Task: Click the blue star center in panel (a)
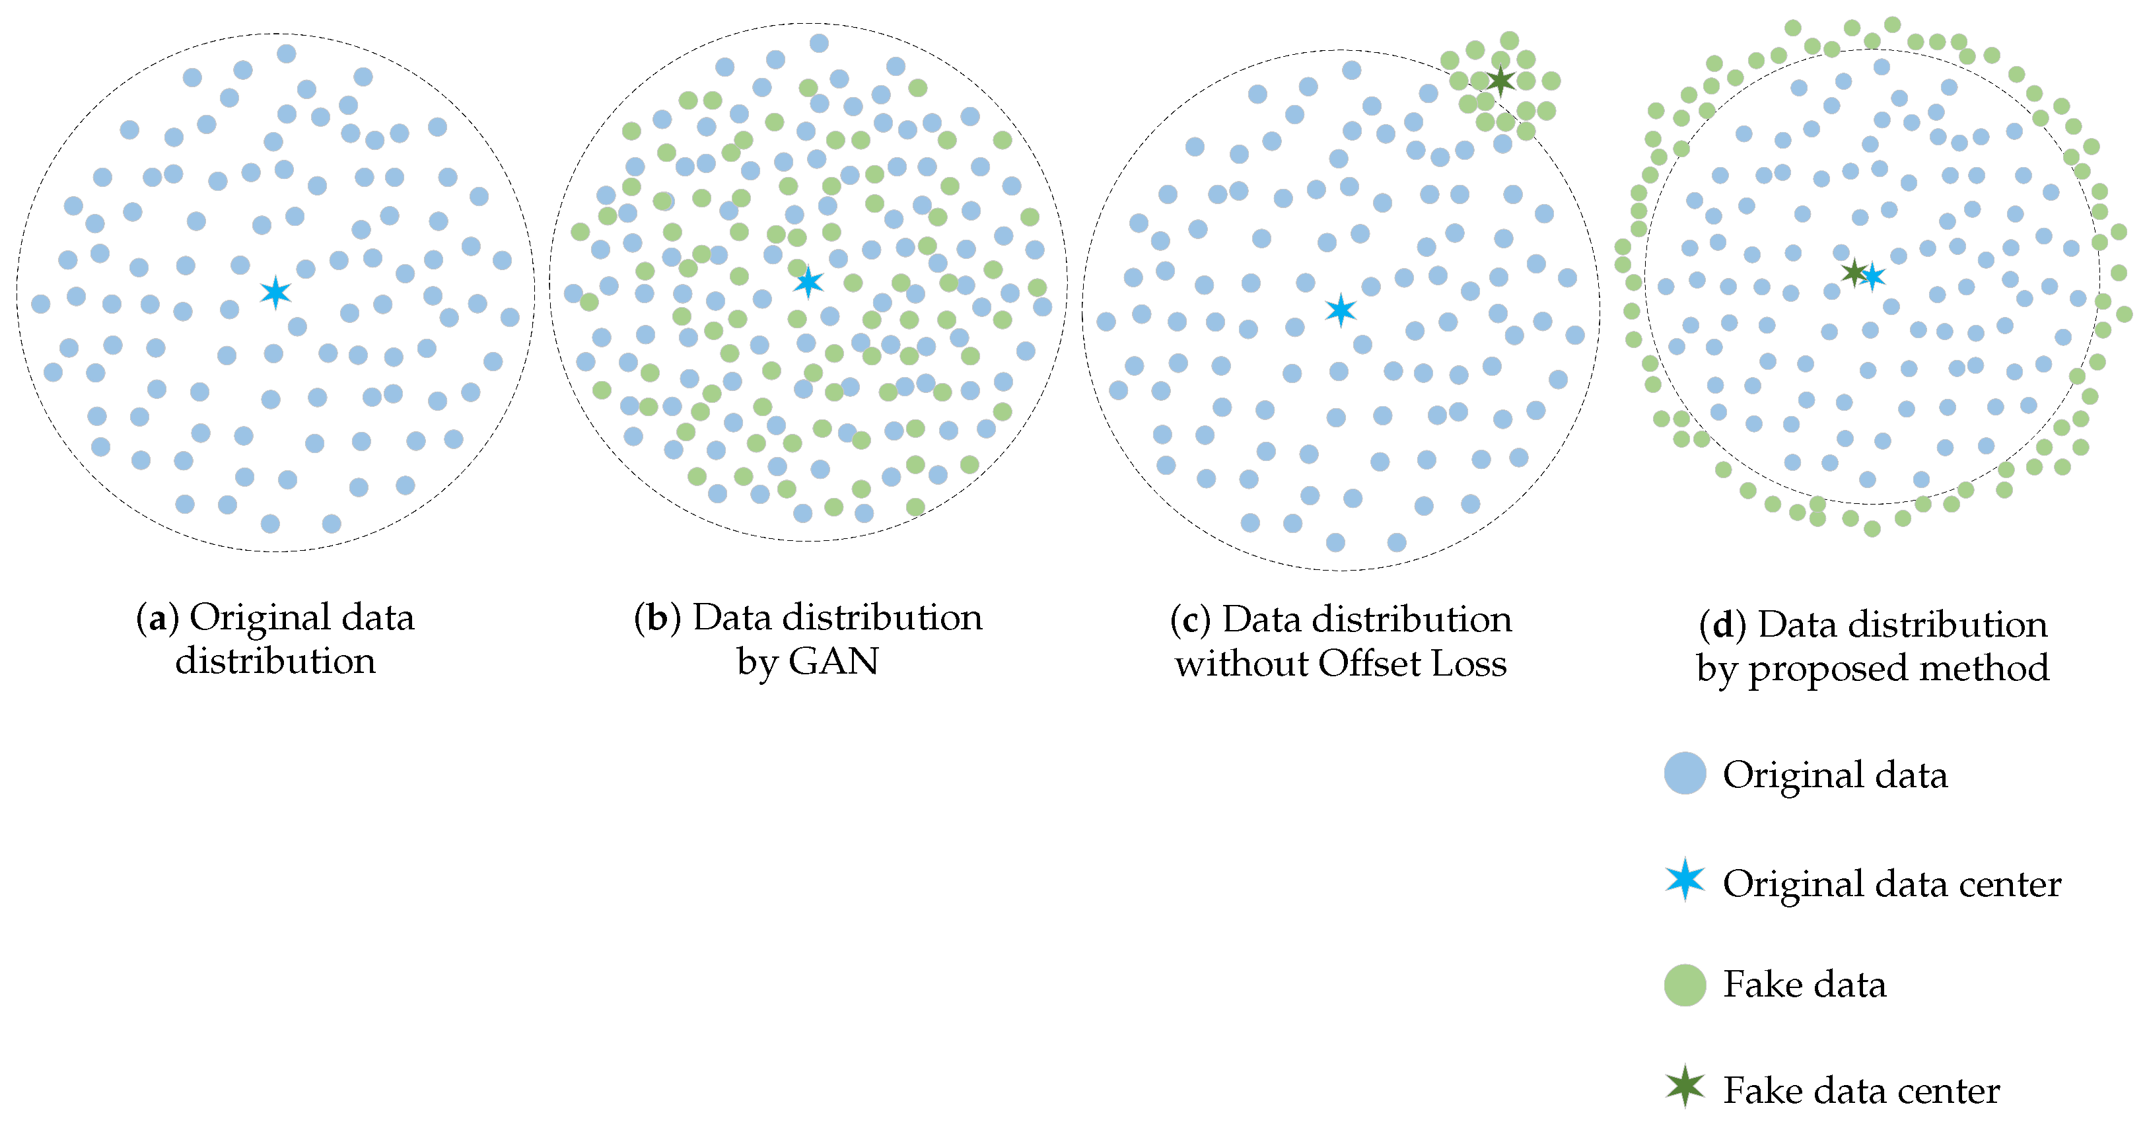(275, 293)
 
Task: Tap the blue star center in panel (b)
(808, 282)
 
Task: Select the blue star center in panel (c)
(1340, 310)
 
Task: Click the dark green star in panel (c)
(1500, 81)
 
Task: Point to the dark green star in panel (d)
(1853, 272)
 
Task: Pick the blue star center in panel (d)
(1873, 276)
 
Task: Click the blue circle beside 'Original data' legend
(1685, 773)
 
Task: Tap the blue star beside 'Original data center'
(1685, 880)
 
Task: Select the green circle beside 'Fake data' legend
(1685, 985)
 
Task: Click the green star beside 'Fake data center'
(1685, 1086)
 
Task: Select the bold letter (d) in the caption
(1722, 625)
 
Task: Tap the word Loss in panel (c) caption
(1469, 664)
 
